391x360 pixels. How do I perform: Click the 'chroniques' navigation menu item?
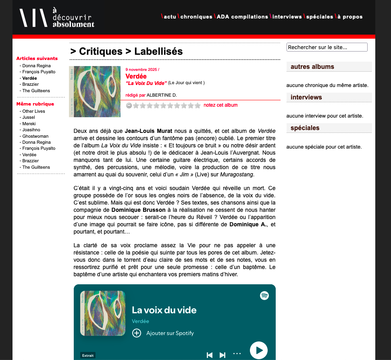(x=196, y=17)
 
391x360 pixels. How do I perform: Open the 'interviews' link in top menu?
(x=287, y=17)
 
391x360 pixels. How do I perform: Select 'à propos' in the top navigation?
(x=350, y=17)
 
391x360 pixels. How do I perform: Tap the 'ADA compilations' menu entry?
(x=242, y=17)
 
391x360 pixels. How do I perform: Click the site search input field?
(x=327, y=47)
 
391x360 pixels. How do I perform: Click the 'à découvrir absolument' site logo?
(x=57, y=17)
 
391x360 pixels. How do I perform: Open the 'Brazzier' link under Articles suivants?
(x=31, y=85)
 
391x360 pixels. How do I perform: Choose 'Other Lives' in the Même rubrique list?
(x=34, y=111)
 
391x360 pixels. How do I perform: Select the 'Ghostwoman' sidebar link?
(x=35, y=136)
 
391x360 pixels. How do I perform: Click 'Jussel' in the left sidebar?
(x=29, y=118)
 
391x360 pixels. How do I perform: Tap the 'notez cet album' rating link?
(x=220, y=105)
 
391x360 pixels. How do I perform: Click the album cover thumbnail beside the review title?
(x=95, y=91)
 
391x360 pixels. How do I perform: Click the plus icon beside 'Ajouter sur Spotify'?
(x=137, y=333)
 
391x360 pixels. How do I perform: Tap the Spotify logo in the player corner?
(x=264, y=296)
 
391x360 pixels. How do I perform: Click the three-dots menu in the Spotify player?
(x=237, y=354)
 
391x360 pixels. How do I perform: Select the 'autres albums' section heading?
(x=312, y=67)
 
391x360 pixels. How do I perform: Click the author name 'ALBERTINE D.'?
(x=162, y=95)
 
